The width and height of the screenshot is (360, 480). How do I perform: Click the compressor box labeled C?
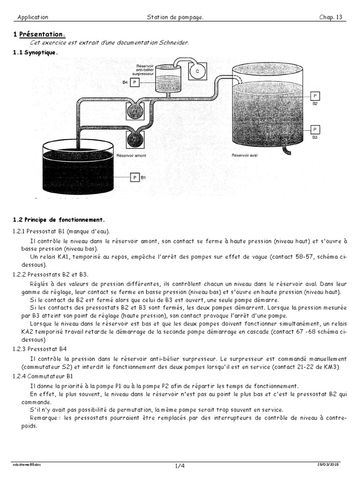pyautogui.click(x=197, y=71)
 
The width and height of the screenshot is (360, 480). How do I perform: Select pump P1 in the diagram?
pyautogui.click(x=135, y=111)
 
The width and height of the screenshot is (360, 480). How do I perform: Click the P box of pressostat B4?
pyautogui.click(x=135, y=82)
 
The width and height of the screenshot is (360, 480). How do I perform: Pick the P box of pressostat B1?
pyautogui.click(x=135, y=178)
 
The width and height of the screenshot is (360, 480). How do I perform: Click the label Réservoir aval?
pyautogui.click(x=245, y=154)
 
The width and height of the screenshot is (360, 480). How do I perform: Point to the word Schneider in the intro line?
pyautogui.click(x=176, y=43)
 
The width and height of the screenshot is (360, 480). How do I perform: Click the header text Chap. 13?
pyautogui.click(x=330, y=17)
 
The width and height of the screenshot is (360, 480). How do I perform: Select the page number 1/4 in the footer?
pyautogui.click(x=180, y=465)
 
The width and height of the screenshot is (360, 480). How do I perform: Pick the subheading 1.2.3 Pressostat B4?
pyautogui.click(x=40, y=349)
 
